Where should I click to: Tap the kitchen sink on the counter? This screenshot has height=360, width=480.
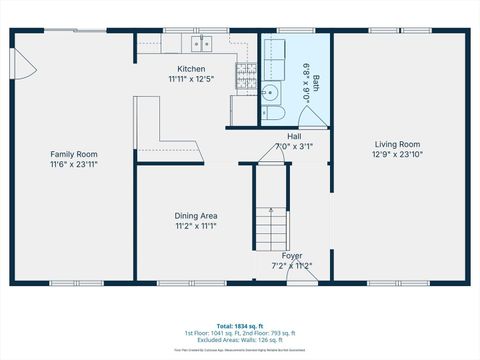click(x=201, y=42)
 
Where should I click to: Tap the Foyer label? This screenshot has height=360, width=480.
click(x=292, y=256)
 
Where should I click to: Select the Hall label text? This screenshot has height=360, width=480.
click(x=294, y=136)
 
